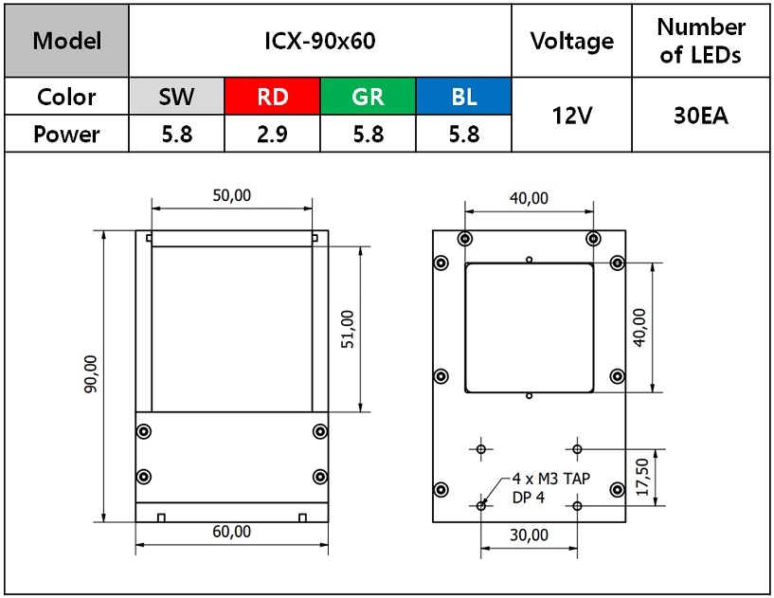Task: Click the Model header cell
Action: (66, 41)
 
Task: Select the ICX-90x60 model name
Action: (320, 41)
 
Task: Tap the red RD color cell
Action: (273, 97)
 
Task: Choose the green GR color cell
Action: (368, 97)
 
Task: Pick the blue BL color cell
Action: (463, 97)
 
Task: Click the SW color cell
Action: (177, 97)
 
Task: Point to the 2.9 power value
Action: (272, 135)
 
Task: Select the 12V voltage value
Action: (571, 116)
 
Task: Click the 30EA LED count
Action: (701, 116)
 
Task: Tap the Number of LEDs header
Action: (701, 41)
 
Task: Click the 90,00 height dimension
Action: (91, 373)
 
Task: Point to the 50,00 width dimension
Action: (231, 195)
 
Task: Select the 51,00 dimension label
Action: (348, 330)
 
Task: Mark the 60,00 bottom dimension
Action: (231, 532)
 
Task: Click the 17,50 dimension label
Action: (642, 477)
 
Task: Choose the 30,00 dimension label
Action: (529, 535)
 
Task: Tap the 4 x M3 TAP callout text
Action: (550, 479)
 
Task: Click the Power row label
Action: (66, 135)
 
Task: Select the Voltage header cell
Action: (571, 41)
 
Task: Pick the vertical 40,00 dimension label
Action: (639, 328)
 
